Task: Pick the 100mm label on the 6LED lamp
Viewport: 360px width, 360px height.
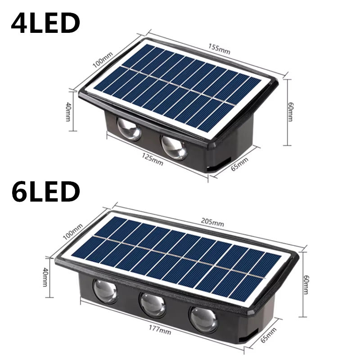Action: coord(75,232)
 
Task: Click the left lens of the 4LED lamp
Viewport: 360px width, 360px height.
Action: coord(130,130)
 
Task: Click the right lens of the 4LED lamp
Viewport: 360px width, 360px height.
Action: coord(174,147)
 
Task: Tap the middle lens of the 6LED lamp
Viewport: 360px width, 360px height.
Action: coord(153,305)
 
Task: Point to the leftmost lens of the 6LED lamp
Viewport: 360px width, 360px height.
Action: coord(105,290)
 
